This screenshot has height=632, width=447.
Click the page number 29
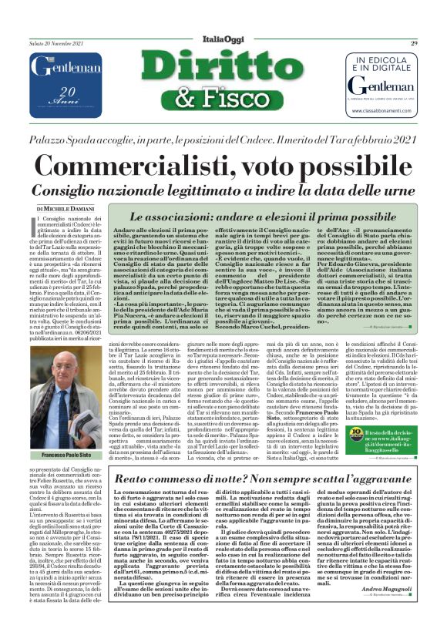coord(414,43)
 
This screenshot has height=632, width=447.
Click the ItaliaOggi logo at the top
coord(223,42)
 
